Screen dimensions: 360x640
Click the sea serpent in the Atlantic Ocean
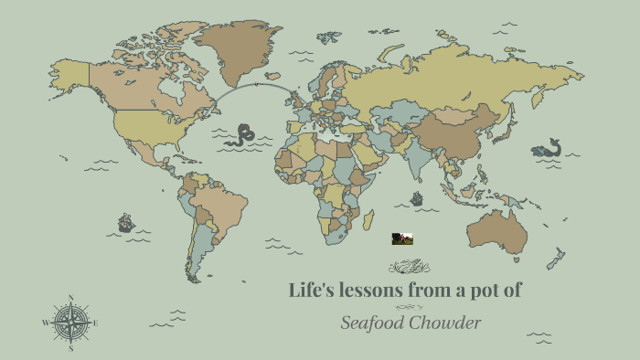pos(242,135)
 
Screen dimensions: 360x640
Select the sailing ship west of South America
pos(126,223)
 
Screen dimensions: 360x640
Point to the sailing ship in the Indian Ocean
pos(417,198)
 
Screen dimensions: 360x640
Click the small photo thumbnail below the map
pos(402,238)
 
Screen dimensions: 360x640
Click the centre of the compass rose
pos(69,323)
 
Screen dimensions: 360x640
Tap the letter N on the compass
pos(70,298)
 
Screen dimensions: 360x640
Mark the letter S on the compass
pos(70,348)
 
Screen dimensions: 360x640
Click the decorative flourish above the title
pos(409,266)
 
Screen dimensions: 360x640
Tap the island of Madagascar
pos(368,221)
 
